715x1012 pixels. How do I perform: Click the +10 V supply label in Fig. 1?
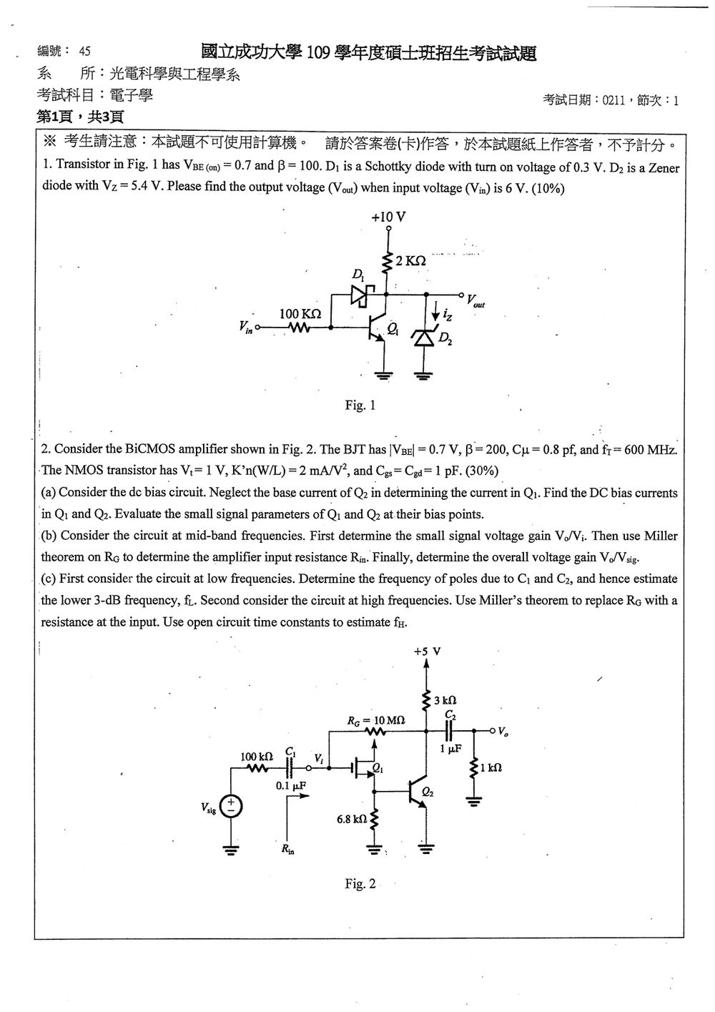tap(388, 217)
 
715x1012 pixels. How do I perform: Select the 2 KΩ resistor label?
tap(410, 260)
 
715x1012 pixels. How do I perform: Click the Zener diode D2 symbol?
tap(424, 338)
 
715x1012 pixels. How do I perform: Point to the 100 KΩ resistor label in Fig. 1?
tap(300, 314)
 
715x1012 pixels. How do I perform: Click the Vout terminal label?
tap(475, 301)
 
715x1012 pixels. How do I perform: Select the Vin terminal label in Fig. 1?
tap(246, 327)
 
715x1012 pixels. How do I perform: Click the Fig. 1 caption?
tap(360, 405)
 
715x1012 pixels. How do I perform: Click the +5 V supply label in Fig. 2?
tap(427, 652)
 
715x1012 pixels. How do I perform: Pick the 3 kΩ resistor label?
tap(445, 701)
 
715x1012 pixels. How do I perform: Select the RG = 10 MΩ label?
tap(376, 721)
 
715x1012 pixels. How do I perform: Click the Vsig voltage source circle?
tap(231, 807)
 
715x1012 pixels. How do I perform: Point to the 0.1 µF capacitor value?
tap(291, 786)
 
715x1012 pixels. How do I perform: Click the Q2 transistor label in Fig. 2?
tap(428, 792)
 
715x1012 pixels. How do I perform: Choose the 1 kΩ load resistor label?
tap(491, 767)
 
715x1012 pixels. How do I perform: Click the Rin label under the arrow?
tap(287, 849)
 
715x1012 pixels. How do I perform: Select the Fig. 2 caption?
tap(360, 884)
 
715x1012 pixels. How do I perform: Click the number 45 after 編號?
tap(84, 51)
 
